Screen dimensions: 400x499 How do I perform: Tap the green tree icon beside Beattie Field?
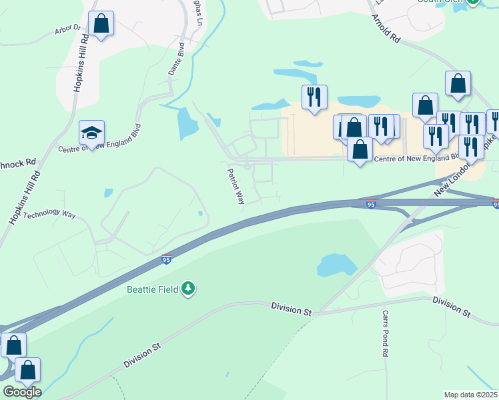click(x=189, y=288)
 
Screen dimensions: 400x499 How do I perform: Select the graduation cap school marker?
click(x=91, y=133)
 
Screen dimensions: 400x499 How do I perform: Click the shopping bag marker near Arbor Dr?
click(x=101, y=24)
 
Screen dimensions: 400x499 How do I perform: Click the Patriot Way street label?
click(x=235, y=186)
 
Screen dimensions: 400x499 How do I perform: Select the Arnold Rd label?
click(x=386, y=29)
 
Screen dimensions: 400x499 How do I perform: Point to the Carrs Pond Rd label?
click(x=386, y=333)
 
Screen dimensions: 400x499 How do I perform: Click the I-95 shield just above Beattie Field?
click(x=166, y=259)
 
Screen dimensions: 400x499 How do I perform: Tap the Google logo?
click(x=21, y=391)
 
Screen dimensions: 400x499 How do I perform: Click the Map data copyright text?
click(x=470, y=395)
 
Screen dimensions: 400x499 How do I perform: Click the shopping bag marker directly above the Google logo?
click(x=27, y=370)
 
